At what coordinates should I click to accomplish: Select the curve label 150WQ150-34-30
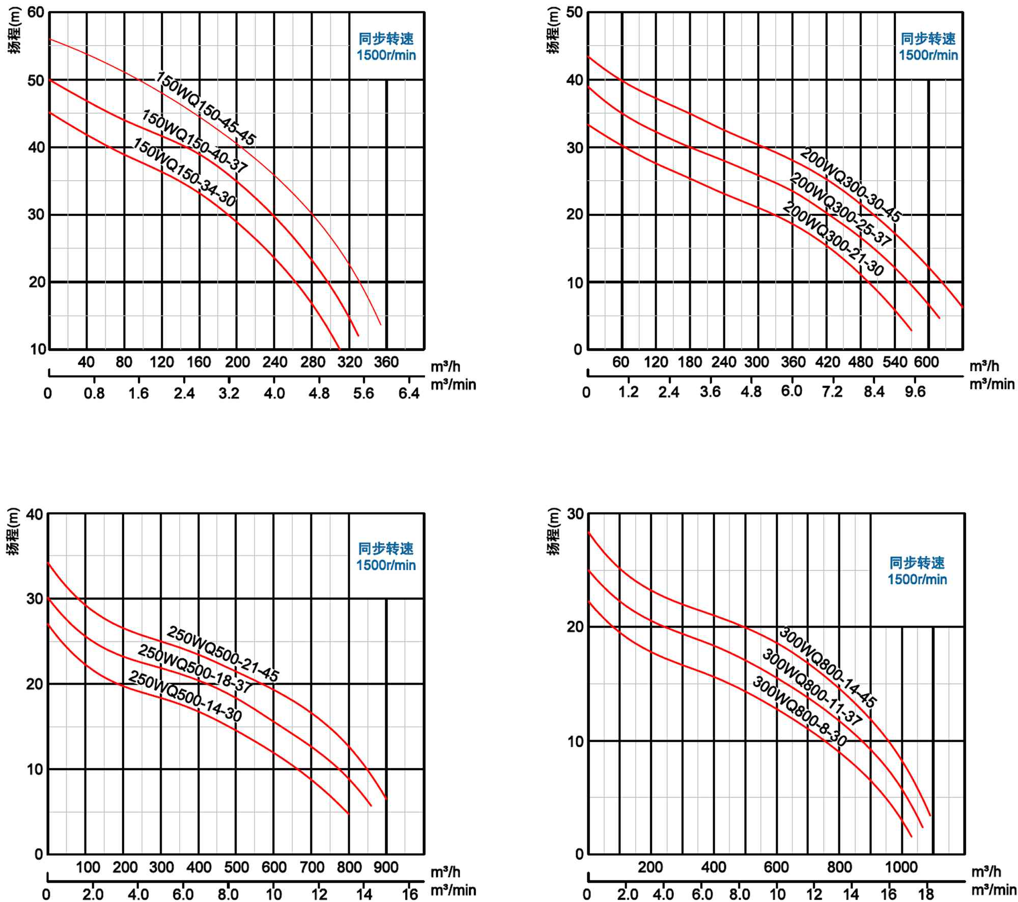(x=184, y=173)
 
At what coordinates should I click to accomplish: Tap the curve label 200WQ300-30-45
(x=851, y=185)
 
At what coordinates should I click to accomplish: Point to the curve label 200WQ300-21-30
(x=833, y=239)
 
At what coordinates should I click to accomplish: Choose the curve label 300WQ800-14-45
(x=828, y=667)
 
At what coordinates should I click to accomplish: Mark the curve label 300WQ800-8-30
(x=799, y=712)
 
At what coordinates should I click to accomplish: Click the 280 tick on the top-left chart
(x=312, y=362)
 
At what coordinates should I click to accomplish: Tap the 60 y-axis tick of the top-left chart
(x=36, y=13)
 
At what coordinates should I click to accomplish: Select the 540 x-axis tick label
(x=895, y=362)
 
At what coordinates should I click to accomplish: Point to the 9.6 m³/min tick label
(x=915, y=392)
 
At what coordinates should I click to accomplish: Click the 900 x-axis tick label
(x=386, y=867)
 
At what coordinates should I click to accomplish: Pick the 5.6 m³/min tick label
(x=363, y=393)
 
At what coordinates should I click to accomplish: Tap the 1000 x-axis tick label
(x=901, y=867)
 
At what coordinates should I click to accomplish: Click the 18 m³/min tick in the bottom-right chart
(x=926, y=894)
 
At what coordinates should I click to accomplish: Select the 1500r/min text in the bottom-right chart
(x=917, y=579)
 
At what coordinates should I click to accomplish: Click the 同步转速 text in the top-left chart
(x=386, y=39)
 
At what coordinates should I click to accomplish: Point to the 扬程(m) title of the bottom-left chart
(x=14, y=531)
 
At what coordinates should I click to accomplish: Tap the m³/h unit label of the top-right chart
(x=984, y=366)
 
